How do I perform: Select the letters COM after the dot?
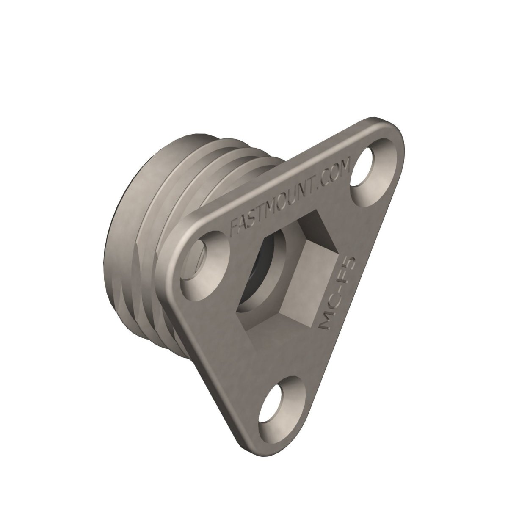click(335, 175)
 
